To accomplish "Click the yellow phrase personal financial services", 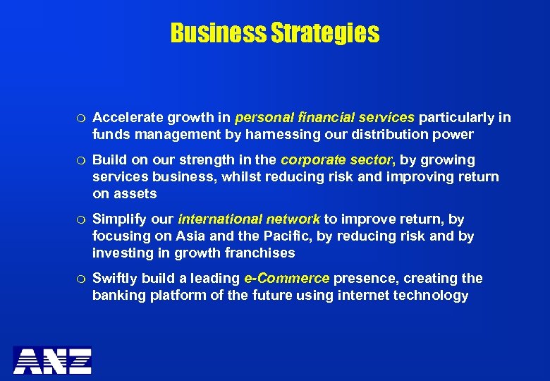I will tap(325, 117).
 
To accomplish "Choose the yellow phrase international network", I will tap(250, 219).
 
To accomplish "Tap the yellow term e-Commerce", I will tap(287, 278).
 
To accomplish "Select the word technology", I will tap(432, 295).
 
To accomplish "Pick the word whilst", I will tap(240, 176).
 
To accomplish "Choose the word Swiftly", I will tap(115, 278).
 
